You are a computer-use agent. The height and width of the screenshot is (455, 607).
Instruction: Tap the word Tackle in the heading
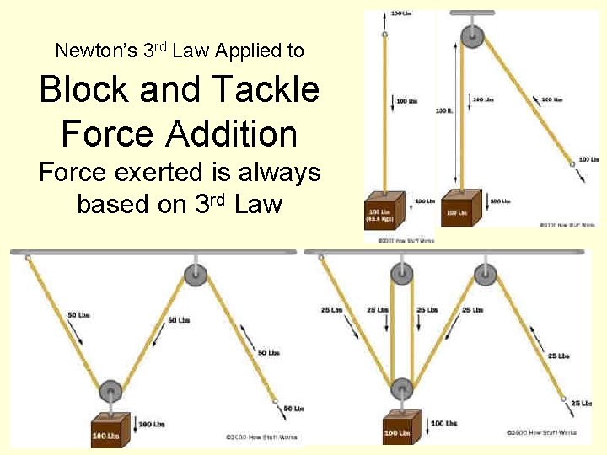click(267, 89)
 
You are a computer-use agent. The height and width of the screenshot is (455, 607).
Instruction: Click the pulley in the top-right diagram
click(467, 38)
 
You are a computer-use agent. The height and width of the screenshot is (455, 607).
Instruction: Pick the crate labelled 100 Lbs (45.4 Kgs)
click(384, 213)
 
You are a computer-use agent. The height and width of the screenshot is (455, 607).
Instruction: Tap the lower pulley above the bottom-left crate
click(110, 392)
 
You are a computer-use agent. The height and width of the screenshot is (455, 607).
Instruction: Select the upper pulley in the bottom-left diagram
click(196, 275)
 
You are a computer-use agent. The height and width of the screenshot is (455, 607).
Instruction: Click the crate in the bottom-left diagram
click(110, 430)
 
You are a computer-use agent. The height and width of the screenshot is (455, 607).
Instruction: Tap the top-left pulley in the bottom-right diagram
click(402, 275)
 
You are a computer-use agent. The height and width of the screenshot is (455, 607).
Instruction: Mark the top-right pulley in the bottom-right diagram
click(485, 275)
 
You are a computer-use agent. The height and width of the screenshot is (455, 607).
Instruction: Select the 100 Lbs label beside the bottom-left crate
click(153, 423)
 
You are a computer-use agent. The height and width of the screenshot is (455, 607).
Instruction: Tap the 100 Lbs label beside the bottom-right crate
click(443, 423)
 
